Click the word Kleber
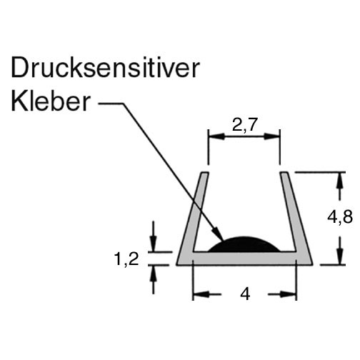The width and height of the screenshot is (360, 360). point(51,101)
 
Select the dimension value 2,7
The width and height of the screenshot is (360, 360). point(245,125)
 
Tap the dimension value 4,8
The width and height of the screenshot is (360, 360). point(340,217)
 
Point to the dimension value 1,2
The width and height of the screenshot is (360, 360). point(126,259)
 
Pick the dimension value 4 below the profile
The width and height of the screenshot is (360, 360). point(245,294)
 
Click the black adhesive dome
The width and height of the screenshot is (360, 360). point(244,245)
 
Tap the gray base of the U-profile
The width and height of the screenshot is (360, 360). point(244,258)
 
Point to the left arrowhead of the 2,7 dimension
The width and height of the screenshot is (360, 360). point(216,136)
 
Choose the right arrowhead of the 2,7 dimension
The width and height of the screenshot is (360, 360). point(271,136)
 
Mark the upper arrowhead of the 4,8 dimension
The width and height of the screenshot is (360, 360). point(341,180)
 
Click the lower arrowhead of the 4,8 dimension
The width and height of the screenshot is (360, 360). point(341,256)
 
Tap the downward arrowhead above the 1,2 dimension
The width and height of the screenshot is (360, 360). point(154,244)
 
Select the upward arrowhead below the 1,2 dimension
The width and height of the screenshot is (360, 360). point(154,273)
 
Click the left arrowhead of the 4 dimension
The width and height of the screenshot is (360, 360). point(201,294)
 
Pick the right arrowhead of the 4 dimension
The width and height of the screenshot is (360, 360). point(289,294)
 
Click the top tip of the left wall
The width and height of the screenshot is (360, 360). point(206,172)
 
